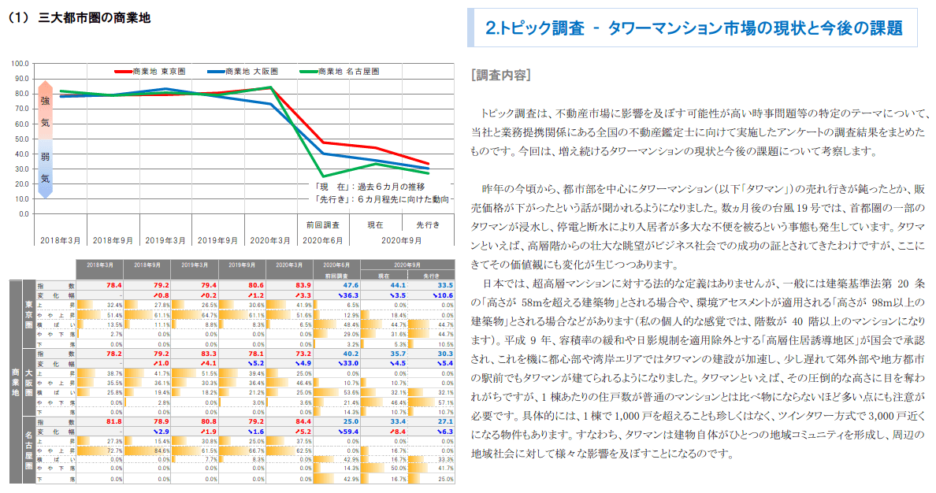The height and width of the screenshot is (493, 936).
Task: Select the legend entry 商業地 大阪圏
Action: point(254,72)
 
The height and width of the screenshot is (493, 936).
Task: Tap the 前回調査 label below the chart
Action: point(323,225)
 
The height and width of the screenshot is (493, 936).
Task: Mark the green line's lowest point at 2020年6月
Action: point(323,176)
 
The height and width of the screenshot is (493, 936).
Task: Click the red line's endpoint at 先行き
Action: point(428,164)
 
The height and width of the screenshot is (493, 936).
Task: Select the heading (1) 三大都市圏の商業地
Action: point(79,17)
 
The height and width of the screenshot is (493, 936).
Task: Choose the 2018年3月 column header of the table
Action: point(101,265)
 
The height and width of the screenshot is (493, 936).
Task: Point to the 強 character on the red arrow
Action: point(45,102)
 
